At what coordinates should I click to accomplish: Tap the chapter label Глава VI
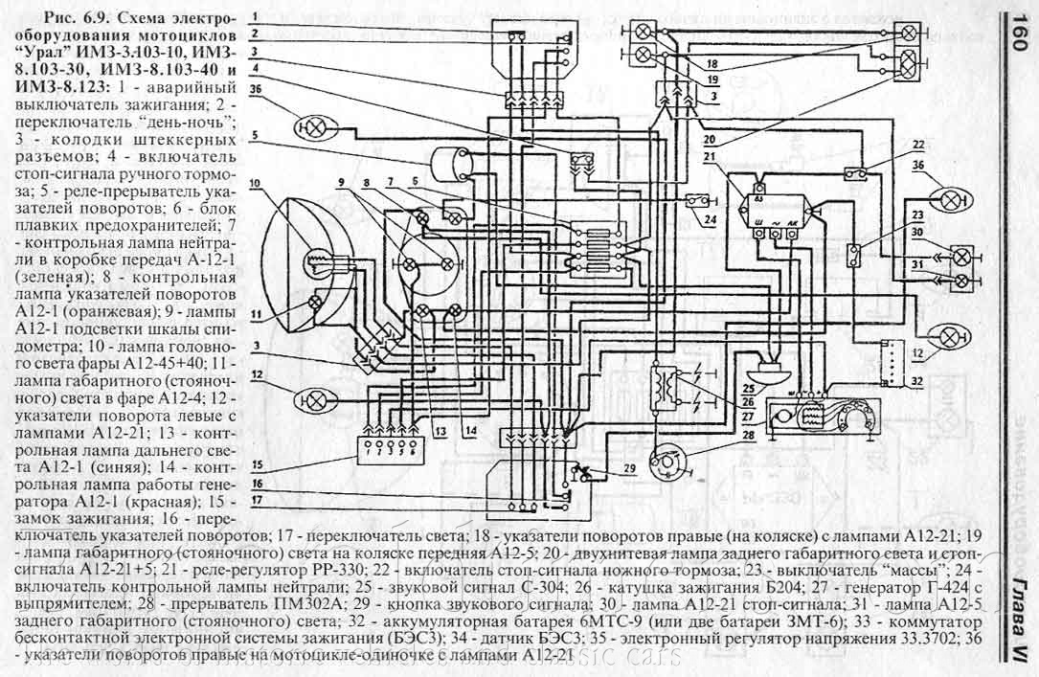pyautogui.click(x=1019, y=614)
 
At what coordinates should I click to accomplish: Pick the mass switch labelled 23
pyautogui.click(x=855, y=255)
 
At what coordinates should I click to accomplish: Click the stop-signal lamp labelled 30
pyautogui.click(x=960, y=257)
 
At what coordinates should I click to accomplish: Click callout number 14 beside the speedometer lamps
pyautogui.click(x=469, y=431)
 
